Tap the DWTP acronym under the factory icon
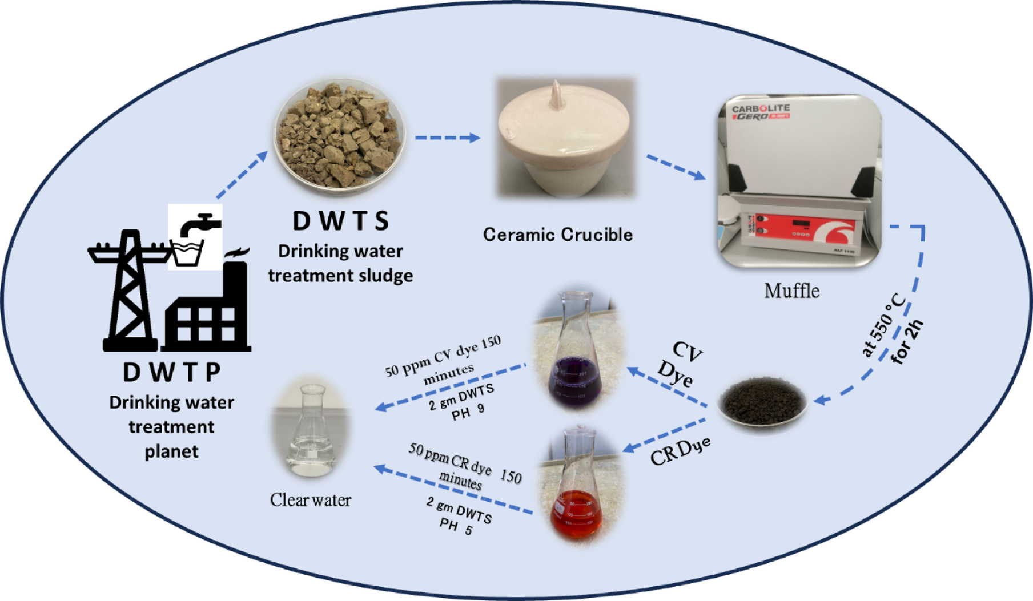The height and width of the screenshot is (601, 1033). (x=172, y=372)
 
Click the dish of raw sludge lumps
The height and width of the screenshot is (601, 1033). (x=340, y=135)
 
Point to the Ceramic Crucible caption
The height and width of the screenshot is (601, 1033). (x=558, y=235)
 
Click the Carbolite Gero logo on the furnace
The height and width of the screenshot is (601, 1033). (x=761, y=112)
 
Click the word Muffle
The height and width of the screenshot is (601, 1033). (x=792, y=291)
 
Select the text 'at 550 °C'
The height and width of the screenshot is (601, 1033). (x=884, y=325)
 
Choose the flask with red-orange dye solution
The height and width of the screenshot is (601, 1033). (x=578, y=488)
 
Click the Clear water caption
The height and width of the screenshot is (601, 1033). (x=311, y=500)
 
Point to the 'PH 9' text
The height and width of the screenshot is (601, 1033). (x=468, y=412)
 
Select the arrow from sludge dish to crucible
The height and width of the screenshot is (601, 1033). (x=447, y=138)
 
